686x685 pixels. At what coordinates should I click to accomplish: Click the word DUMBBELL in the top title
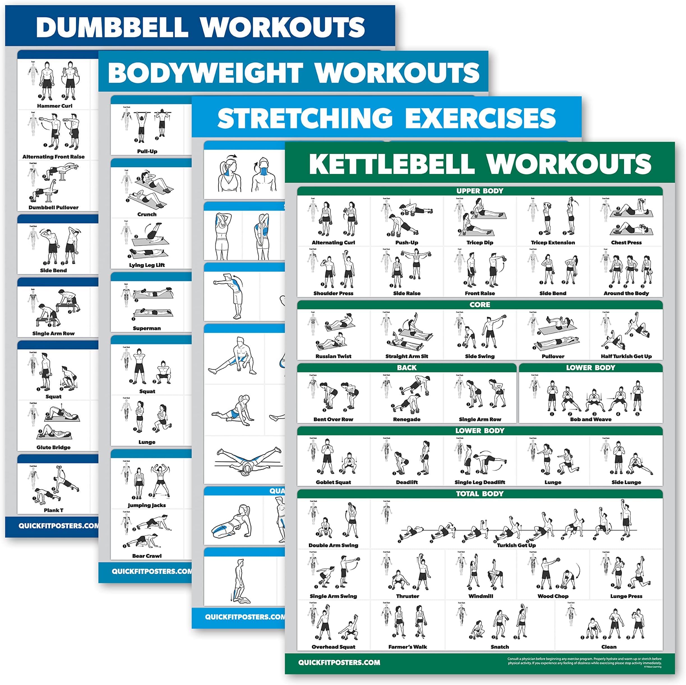click(112, 27)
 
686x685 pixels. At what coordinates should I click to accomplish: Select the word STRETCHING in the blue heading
click(305, 118)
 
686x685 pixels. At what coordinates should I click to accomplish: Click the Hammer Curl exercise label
click(54, 106)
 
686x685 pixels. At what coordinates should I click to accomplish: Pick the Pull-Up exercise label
click(147, 151)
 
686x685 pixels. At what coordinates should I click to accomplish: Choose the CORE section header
click(479, 304)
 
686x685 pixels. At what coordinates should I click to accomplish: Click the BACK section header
click(406, 367)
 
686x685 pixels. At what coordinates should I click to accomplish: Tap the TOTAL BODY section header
click(479, 493)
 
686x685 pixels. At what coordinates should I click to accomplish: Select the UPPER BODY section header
click(479, 191)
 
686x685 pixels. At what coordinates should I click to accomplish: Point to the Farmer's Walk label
click(407, 647)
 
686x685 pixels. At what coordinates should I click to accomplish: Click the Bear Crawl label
click(147, 556)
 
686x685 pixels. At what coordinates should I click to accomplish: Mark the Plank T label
click(54, 510)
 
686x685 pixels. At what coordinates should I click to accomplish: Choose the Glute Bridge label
click(54, 447)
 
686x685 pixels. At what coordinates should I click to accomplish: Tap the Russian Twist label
click(333, 356)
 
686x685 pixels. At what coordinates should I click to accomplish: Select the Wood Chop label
click(553, 596)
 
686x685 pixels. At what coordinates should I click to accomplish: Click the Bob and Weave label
click(590, 419)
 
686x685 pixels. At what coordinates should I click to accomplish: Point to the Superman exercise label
click(147, 328)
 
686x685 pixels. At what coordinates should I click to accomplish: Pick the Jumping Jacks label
click(147, 505)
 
